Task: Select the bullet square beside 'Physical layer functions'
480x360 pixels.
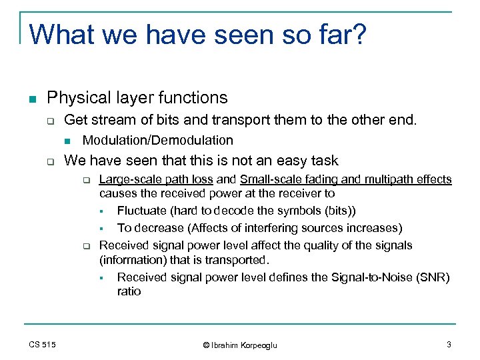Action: pos(32,99)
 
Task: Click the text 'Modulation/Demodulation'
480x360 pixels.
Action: pos(157,140)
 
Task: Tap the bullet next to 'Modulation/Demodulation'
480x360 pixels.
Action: pos(68,141)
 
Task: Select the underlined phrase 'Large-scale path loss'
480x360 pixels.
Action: pos(156,179)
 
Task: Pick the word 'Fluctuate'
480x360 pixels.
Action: pos(141,211)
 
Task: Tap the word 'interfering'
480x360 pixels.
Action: pos(262,228)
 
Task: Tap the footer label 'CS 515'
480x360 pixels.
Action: pos(42,345)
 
